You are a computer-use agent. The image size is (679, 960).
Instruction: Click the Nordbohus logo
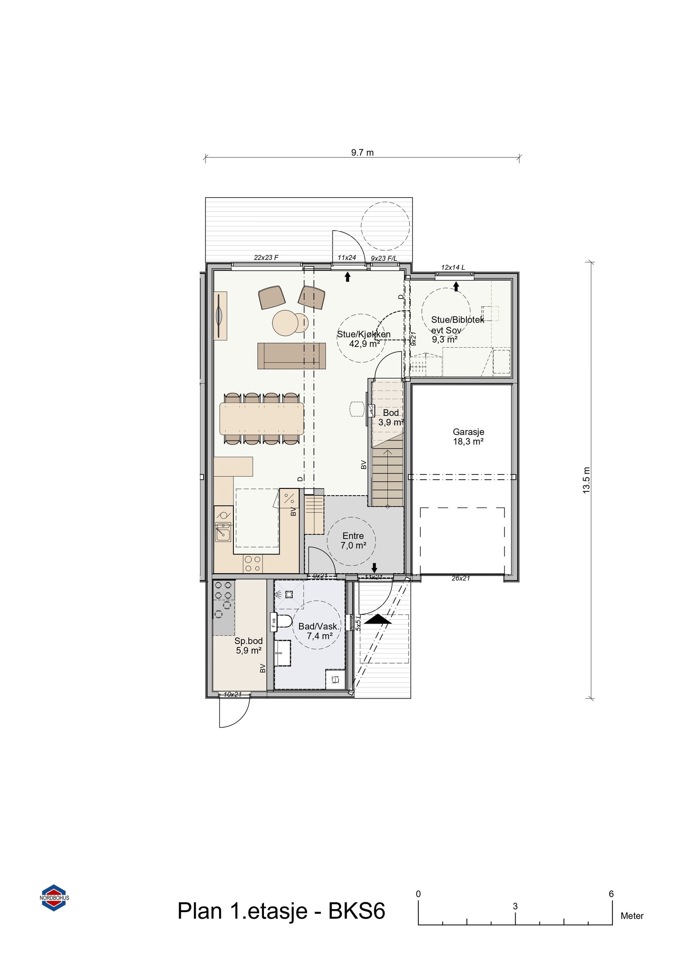coord(54,898)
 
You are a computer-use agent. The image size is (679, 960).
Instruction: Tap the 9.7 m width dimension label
coord(362,153)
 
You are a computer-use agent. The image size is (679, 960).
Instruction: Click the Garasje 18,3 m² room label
coord(468,436)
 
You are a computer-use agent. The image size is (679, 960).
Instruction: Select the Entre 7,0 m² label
coord(353,540)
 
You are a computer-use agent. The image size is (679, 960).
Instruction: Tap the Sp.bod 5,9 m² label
coord(248,645)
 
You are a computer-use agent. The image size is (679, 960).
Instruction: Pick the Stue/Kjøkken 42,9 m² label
coord(364,339)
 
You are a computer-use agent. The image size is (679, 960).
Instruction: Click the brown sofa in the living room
coord(291,356)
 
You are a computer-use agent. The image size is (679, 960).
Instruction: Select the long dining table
coord(261,419)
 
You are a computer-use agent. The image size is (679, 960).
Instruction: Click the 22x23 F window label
coord(266,257)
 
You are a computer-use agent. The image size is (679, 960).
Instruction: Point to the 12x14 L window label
coord(453,268)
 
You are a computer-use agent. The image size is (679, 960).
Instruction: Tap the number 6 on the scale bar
coord(611,894)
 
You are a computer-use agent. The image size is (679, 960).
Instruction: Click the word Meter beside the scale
coord(631,916)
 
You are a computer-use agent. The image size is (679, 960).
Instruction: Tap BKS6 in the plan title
coord(356,911)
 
